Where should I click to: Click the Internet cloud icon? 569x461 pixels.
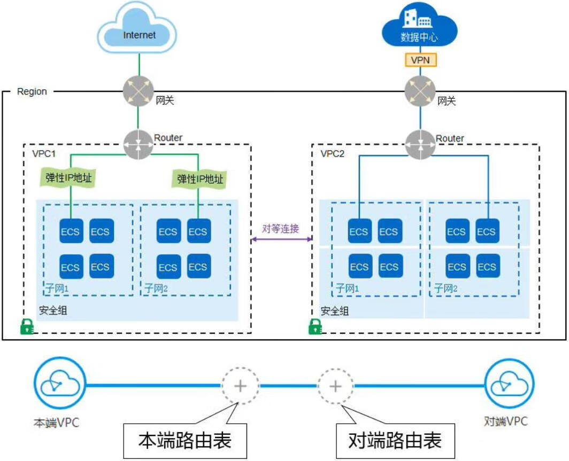pos(138,33)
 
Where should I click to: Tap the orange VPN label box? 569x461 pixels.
pos(420,60)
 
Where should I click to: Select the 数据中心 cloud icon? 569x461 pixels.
pos(420,30)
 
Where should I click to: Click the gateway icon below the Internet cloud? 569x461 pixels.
pos(138,92)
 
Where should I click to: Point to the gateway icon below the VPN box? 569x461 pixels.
pos(420,92)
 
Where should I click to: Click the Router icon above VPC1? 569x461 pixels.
pos(138,144)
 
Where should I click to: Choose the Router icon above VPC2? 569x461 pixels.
pos(420,144)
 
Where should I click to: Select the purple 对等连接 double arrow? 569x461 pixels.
pos(281,240)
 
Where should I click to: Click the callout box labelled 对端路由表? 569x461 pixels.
pos(395,441)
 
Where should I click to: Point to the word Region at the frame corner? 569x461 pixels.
pos(32,91)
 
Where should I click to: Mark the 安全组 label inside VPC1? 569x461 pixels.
pos(53,310)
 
